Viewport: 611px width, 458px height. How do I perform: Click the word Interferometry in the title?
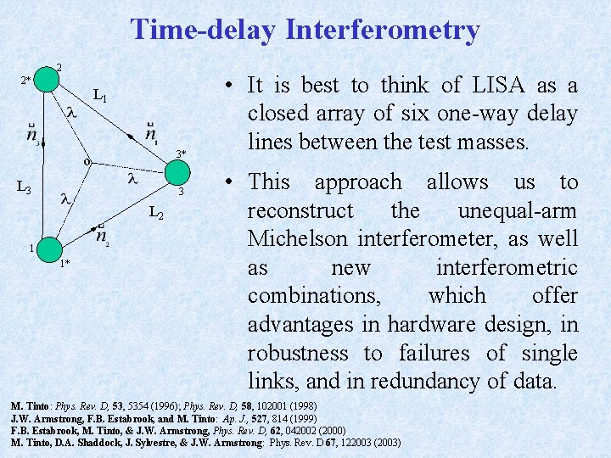point(383,31)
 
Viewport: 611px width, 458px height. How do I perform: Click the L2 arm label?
point(156,213)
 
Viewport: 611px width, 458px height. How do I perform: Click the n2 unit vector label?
point(101,235)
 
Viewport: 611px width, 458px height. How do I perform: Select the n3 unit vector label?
point(31,136)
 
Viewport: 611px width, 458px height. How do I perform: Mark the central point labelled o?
point(87,161)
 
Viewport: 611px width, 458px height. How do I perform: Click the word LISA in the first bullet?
point(494,86)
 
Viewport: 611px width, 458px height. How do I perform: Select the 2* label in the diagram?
point(25,81)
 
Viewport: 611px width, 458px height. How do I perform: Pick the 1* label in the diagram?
point(64,264)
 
